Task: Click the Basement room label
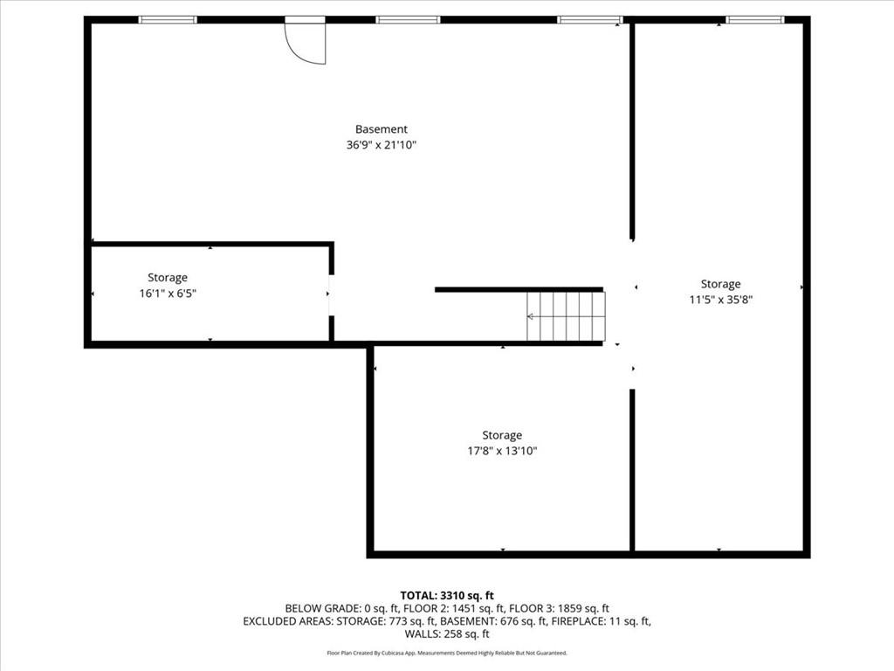click(381, 129)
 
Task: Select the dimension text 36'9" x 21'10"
click(381, 146)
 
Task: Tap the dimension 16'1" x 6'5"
click(168, 294)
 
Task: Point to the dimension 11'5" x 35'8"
click(720, 300)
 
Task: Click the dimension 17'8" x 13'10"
click(502, 451)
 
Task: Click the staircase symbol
click(566, 316)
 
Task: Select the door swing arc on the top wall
click(306, 42)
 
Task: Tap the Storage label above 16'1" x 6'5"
click(168, 278)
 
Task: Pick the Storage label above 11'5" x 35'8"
click(720, 284)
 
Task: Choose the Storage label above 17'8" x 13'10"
click(502, 435)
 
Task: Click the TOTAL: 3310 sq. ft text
click(447, 595)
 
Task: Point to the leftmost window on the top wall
click(168, 19)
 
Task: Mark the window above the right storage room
click(755, 19)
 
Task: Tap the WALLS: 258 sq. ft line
click(447, 634)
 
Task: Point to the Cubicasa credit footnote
click(447, 653)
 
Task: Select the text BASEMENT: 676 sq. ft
click(497, 621)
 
